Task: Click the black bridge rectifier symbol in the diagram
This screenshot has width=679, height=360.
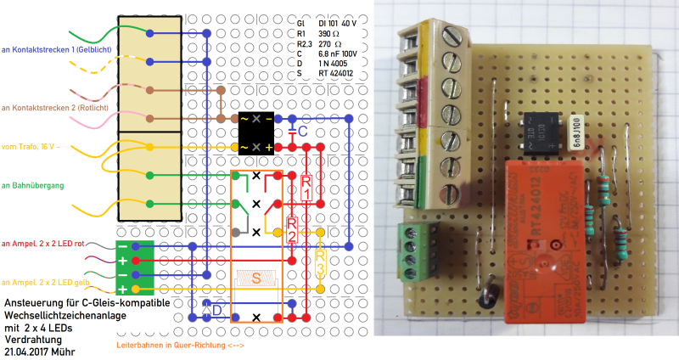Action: [x=256, y=132]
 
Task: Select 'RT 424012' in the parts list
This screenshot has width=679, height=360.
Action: [x=337, y=74]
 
